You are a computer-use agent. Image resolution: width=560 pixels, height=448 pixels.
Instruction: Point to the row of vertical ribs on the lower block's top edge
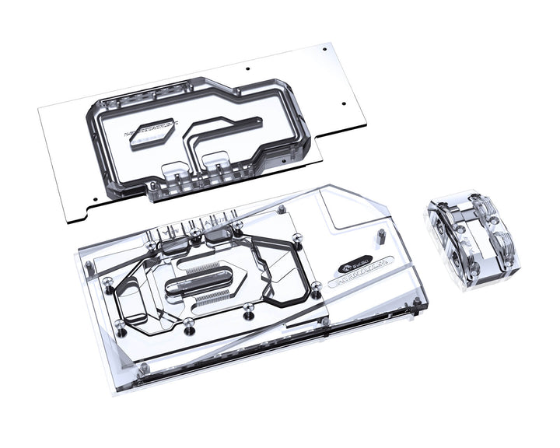(194, 226)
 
